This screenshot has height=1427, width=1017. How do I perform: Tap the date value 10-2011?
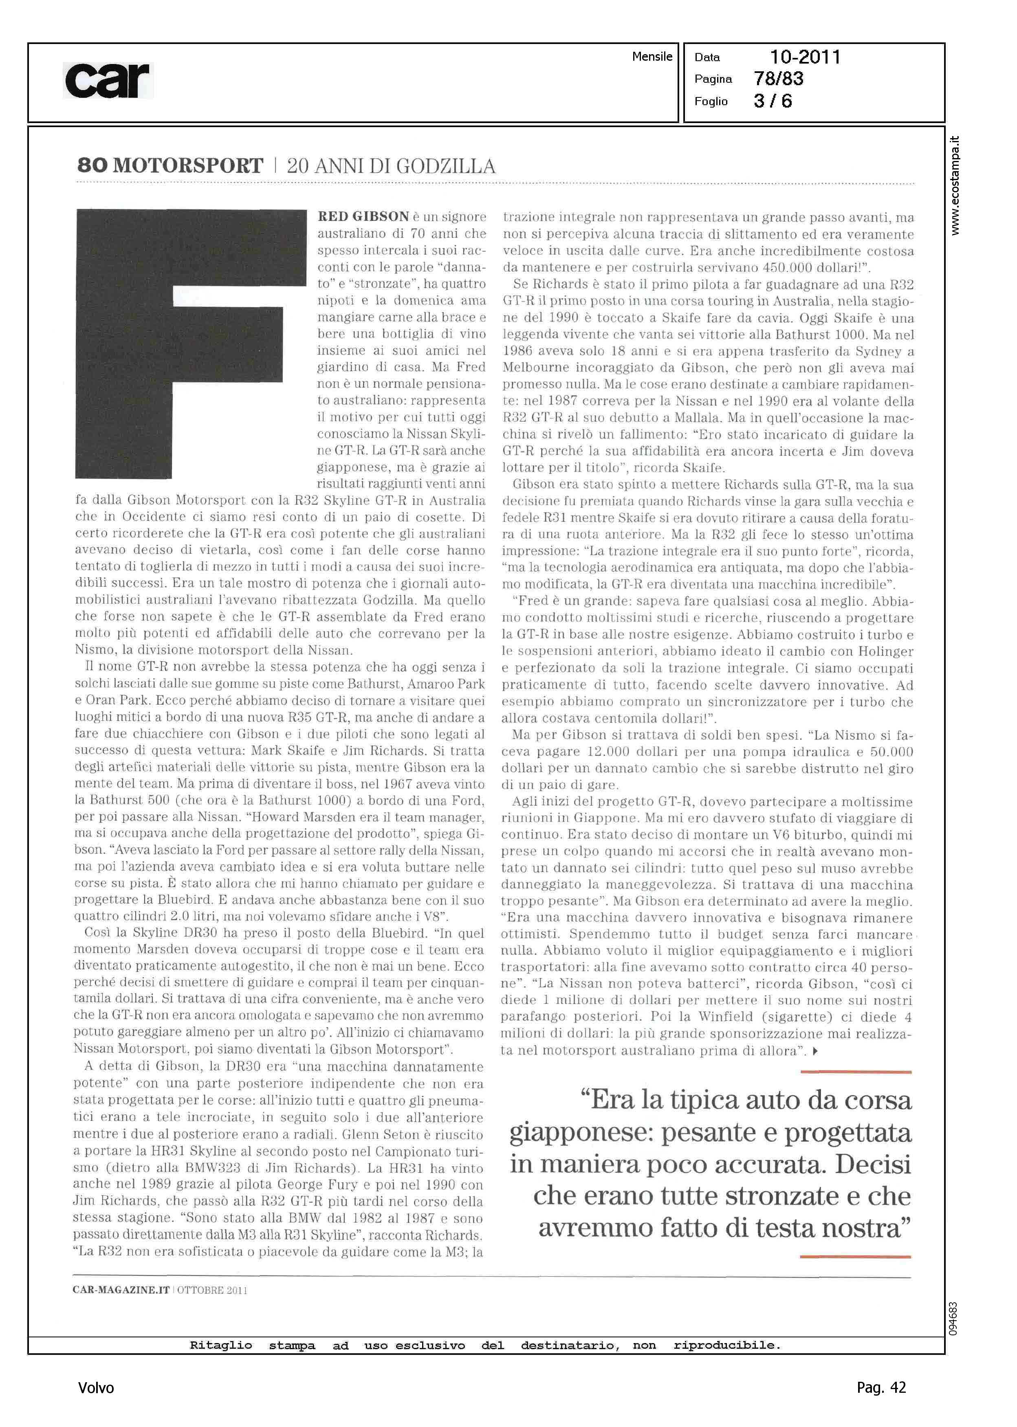pos(805,57)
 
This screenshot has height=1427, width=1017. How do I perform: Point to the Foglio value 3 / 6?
pos(773,101)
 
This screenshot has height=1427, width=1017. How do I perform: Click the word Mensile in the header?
pos(652,56)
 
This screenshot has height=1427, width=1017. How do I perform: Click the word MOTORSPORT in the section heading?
pos(188,166)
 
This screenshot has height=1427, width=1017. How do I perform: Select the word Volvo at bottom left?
pos(96,1387)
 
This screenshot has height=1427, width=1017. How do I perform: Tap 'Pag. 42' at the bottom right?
pos(881,1387)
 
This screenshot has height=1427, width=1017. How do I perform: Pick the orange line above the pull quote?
pos(855,1072)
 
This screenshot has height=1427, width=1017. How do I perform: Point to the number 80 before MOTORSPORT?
pos(92,166)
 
